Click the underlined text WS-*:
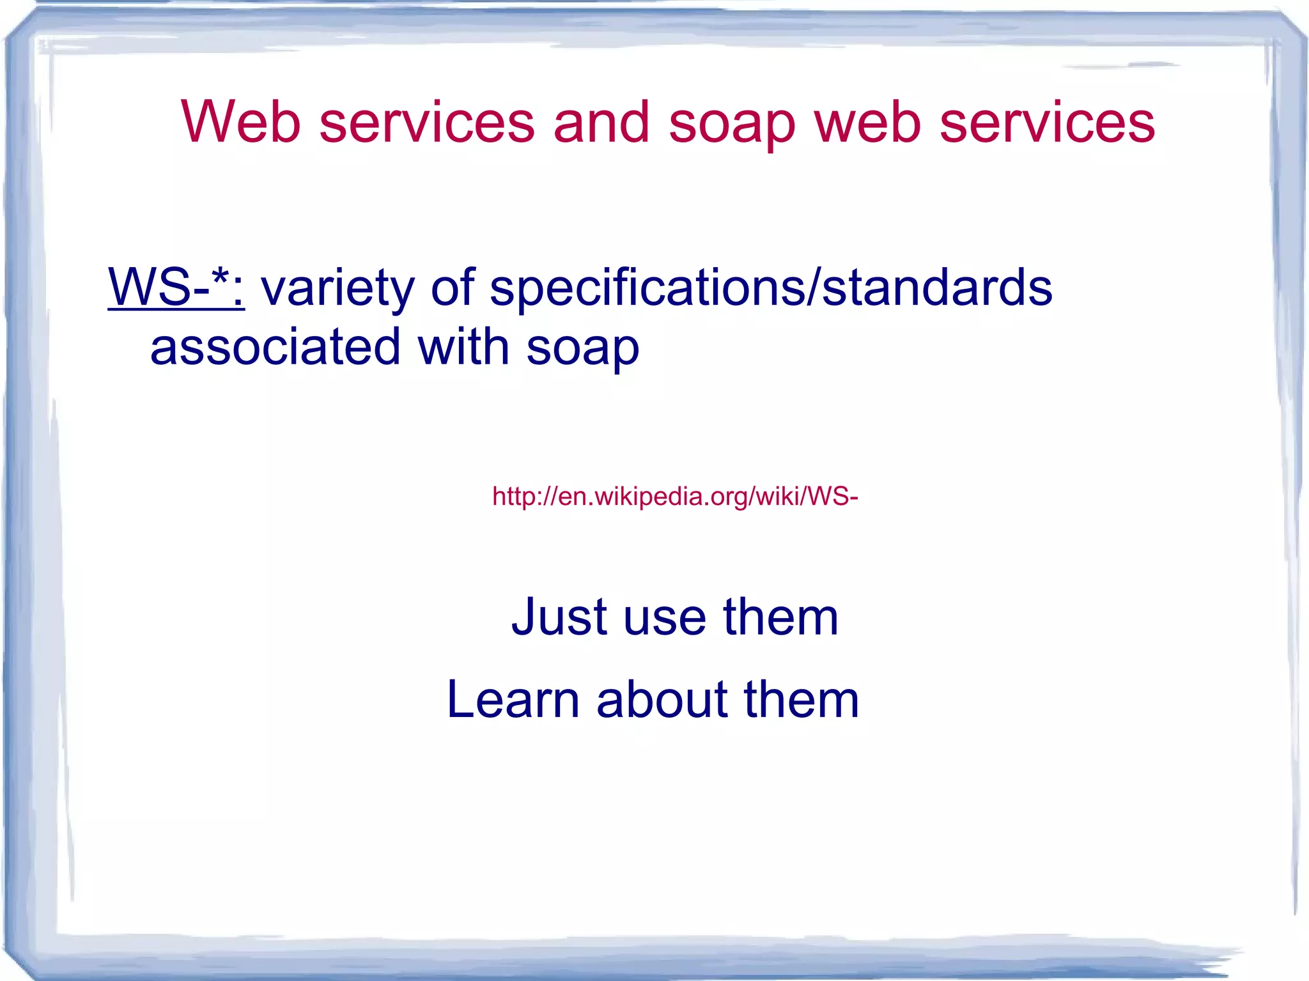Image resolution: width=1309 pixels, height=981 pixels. point(176,288)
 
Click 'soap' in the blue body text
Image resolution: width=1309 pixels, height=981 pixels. point(582,349)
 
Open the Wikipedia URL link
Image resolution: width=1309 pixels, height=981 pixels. point(674,496)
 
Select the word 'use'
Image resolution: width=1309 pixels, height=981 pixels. point(665,619)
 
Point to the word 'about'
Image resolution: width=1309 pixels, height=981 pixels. point(662,699)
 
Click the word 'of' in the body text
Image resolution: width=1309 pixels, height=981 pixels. point(453,288)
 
